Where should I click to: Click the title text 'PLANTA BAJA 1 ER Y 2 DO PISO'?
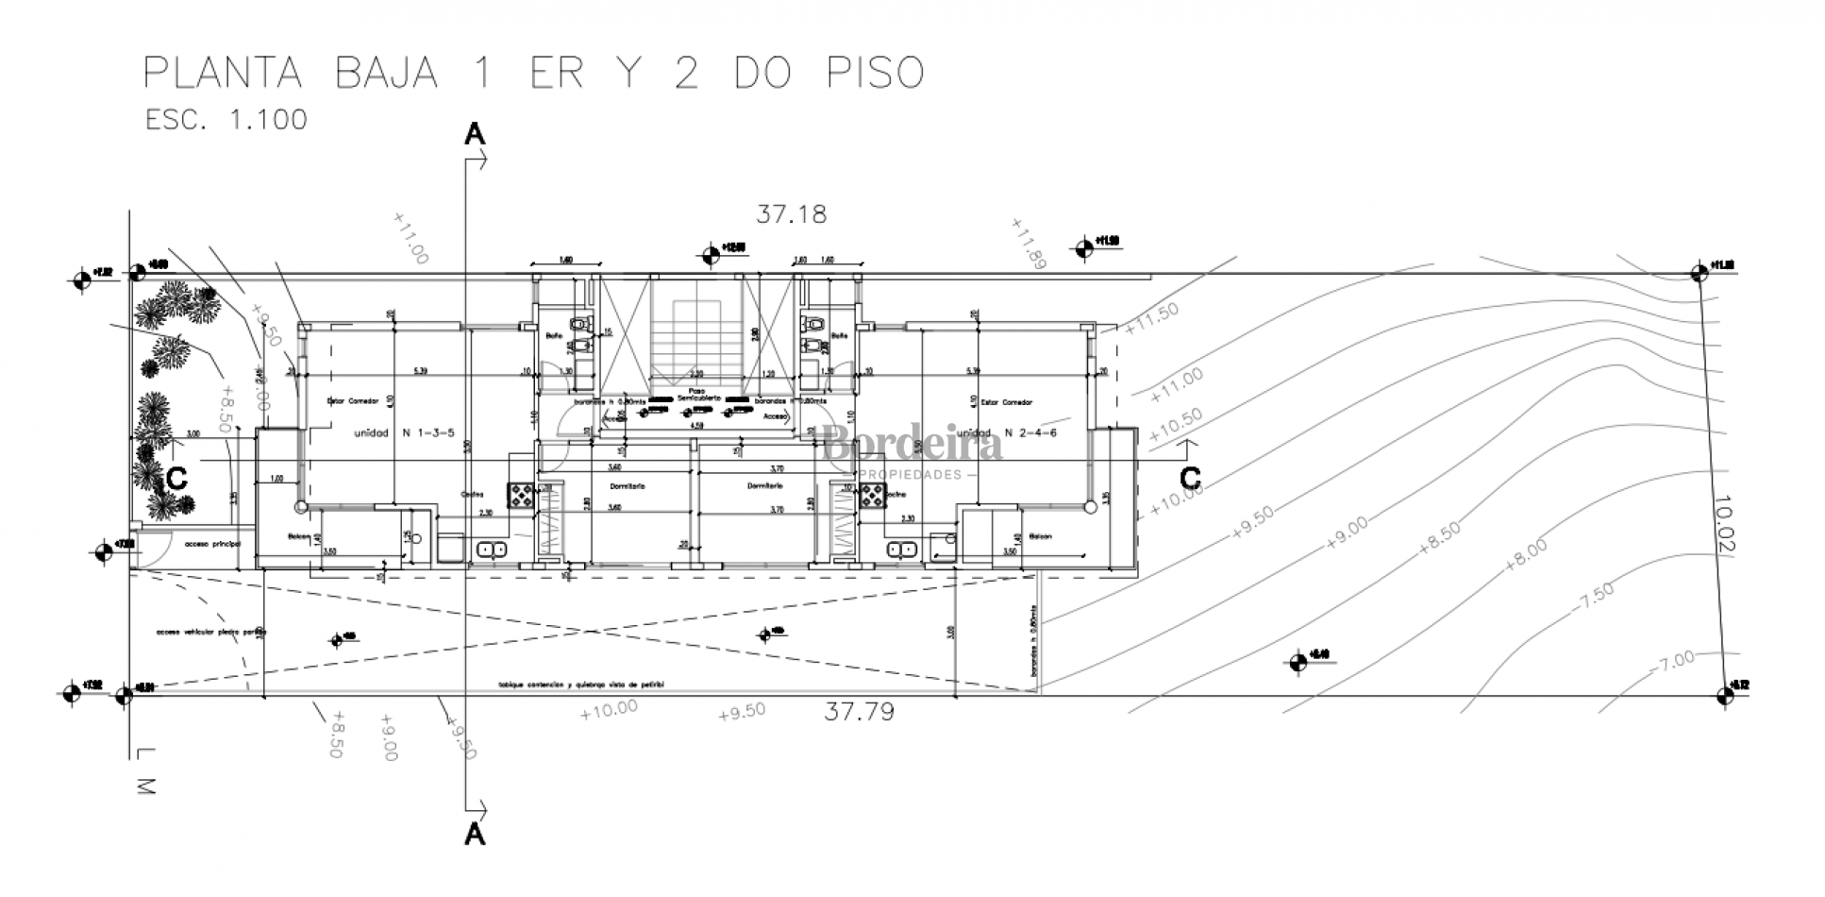[x=533, y=74]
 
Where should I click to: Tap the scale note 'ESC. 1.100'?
[x=226, y=120]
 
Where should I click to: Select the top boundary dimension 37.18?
[x=791, y=214]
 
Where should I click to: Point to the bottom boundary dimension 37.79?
[x=859, y=711]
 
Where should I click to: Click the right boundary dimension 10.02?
[x=1723, y=525]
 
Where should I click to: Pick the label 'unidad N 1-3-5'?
[x=404, y=433]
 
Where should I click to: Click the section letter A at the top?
[x=475, y=135]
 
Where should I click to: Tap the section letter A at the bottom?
[x=475, y=835]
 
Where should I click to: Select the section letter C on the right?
[x=1191, y=476]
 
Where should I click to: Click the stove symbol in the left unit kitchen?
[x=521, y=494]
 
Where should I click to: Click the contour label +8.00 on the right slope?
[x=1526, y=553]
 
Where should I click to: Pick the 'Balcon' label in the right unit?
[x=1040, y=536]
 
